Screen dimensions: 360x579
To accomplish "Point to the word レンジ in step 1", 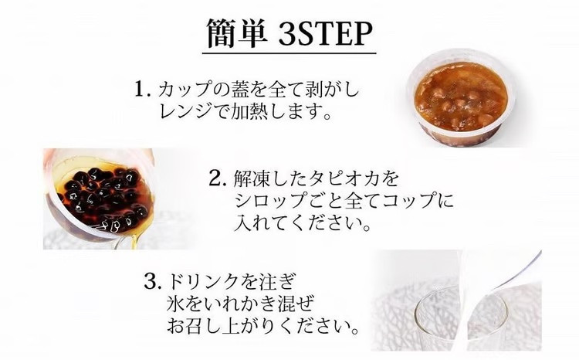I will coord(180,113).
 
